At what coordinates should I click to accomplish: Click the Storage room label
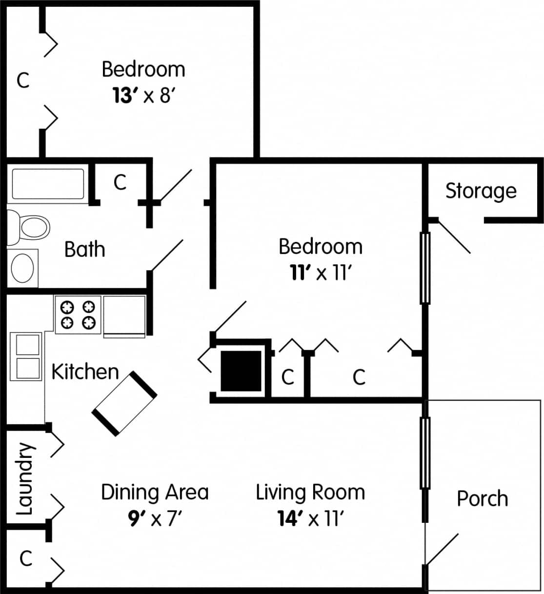(x=481, y=191)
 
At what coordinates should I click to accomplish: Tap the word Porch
(x=482, y=498)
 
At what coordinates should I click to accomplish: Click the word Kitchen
(x=85, y=372)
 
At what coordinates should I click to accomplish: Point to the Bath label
(x=84, y=249)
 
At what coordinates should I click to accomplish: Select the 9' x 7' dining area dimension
(x=155, y=518)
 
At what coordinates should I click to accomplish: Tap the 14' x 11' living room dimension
(x=311, y=518)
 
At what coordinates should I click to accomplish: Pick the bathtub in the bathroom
(x=48, y=184)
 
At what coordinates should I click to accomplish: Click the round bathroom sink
(x=23, y=268)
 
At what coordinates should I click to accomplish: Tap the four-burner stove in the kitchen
(x=78, y=315)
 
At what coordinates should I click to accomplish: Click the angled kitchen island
(x=124, y=402)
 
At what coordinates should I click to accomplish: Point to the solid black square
(x=241, y=371)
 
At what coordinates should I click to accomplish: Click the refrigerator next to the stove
(x=124, y=316)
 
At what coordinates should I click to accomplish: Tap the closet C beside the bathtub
(x=120, y=182)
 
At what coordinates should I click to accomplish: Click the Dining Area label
(x=155, y=492)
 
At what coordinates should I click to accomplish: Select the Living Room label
(x=310, y=492)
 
